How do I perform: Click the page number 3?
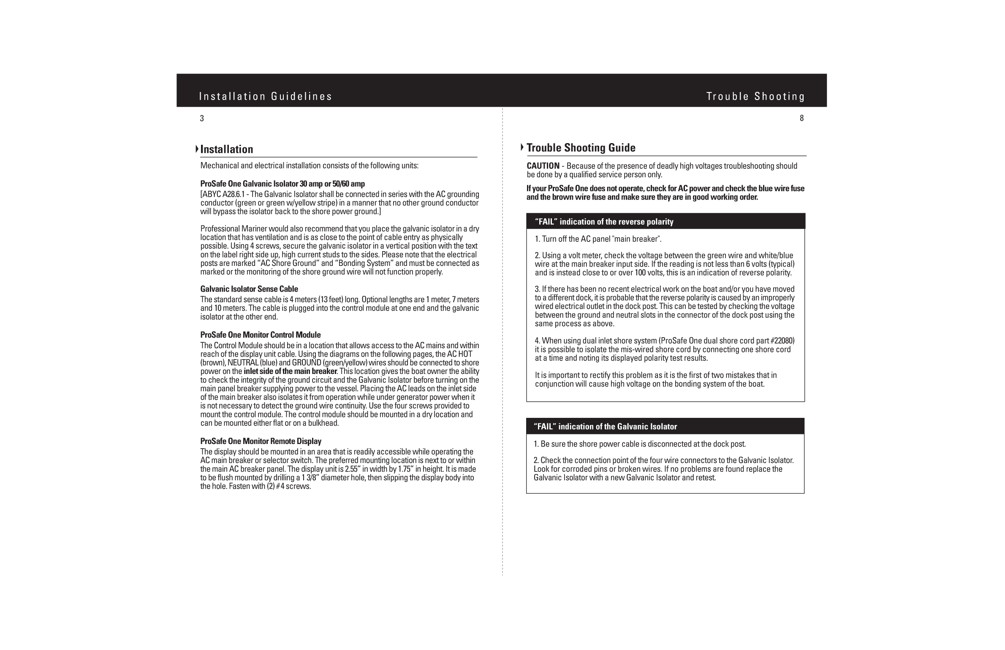coord(202,119)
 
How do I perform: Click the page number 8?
coord(801,119)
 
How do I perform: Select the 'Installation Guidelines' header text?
coord(266,97)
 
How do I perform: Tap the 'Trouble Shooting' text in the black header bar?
coord(755,97)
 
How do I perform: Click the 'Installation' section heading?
coord(226,149)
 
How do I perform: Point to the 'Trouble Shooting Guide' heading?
coord(581,148)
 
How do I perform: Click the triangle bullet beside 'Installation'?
coord(197,149)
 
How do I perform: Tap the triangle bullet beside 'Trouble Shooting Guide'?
coord(522,147)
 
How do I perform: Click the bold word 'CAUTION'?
coord(543,166)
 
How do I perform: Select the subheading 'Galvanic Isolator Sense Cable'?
coord(249,289)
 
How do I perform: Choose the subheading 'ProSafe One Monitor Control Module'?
coord(261,335)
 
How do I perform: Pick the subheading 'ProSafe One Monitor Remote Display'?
coord(261,441)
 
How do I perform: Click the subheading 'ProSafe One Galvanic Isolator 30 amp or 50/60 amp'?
coord(282,184)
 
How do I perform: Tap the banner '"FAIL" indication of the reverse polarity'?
coord(604,222)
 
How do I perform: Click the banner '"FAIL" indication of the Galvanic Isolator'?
coord(605,427)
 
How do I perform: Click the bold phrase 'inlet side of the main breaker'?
coord(290,371)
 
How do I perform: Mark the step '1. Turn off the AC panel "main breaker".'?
coord(598,239)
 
